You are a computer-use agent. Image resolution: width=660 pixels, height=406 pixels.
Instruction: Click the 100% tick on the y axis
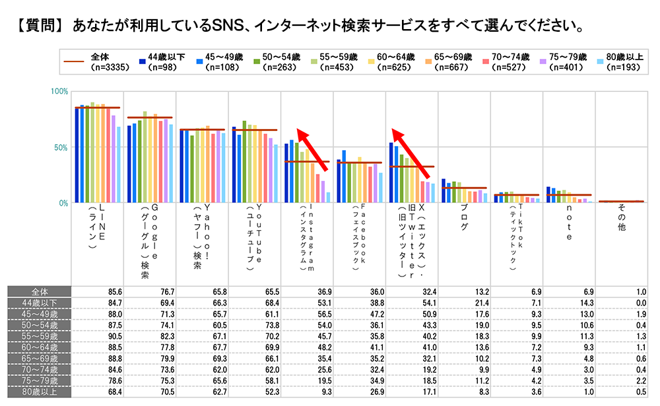coord(60,91)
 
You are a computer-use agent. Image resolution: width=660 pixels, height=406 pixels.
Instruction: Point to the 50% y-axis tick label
coord(61,147)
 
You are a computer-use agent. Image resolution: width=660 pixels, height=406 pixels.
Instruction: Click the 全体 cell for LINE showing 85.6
coord(97,292)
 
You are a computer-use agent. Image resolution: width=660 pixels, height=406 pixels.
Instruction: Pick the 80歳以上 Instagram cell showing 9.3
coord(307,391)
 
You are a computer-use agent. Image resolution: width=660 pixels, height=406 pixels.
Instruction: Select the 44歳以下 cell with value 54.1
coord(412,302)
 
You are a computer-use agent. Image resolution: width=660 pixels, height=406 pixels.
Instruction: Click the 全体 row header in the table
coord(39,292)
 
